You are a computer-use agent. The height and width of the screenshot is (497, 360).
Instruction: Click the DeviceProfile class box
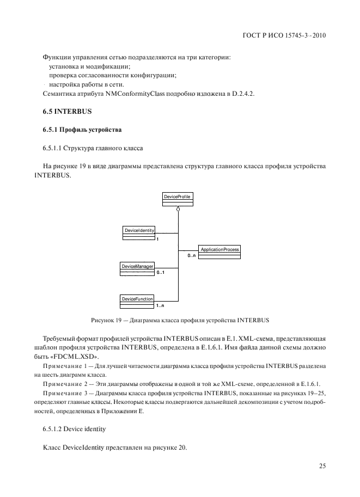pos(177,199)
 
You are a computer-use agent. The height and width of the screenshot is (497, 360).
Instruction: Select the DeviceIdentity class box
pos(139,233)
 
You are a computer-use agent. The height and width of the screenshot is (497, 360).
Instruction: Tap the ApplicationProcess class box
pos(219,252)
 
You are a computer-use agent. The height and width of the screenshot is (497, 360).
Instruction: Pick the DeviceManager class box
pos(137,268)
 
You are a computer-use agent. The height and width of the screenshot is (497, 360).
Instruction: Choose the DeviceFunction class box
pos(137,301)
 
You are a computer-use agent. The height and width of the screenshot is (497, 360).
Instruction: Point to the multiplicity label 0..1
pos(160,272)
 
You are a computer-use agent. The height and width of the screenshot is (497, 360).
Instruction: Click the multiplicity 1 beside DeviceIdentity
pos(157,239)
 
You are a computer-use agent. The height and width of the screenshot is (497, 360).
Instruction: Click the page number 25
pos(322,465)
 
